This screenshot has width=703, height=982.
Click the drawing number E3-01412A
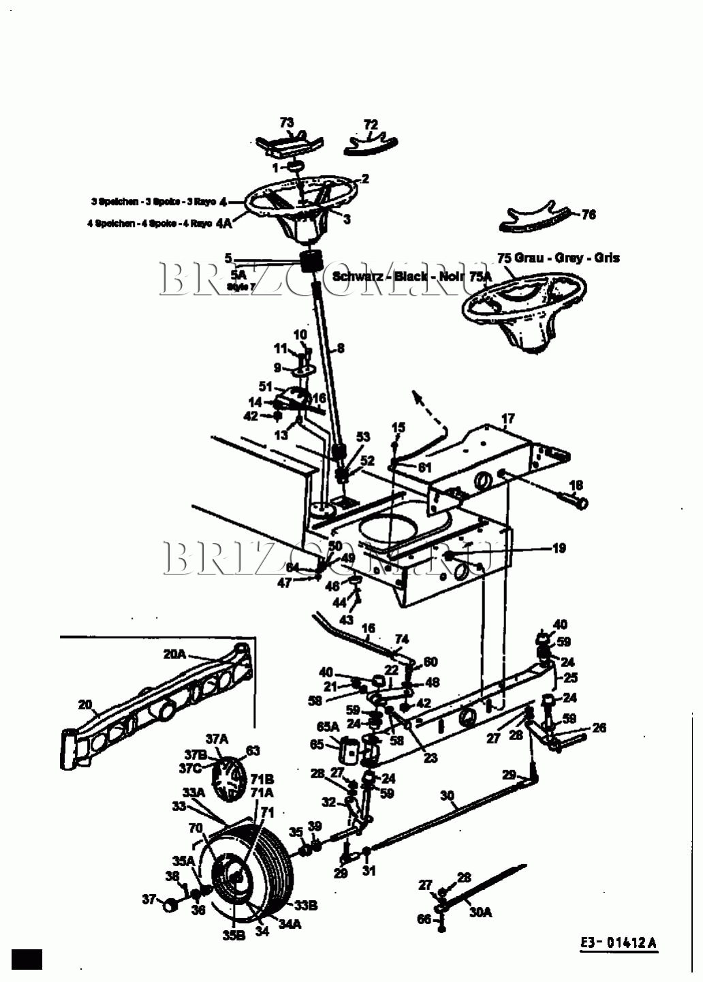coord(619,943)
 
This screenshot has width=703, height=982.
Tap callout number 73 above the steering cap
coord(287,123)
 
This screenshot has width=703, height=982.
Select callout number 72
coord(371,125)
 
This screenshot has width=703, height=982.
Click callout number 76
coord(589,215)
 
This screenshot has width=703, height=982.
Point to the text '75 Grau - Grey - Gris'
coord(558,258)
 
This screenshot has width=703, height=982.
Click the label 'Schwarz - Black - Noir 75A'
coord(411,277)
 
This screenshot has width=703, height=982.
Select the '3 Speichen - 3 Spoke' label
coord(153,202)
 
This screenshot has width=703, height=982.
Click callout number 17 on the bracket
coord(508,418)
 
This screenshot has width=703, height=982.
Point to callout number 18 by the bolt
coord(576,486)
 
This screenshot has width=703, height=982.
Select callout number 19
coord(559,548)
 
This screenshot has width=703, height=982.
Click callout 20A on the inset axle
coord(174,654)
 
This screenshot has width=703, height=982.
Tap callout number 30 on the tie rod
coord(447,795)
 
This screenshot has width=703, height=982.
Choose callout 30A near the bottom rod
coord(480,912)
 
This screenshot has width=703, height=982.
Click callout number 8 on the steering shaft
coord(341,348)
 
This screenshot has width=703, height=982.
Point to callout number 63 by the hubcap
coord(253,751)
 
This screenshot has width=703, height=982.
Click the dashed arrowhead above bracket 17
coord(418,397)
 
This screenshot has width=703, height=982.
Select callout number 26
coord(599,728)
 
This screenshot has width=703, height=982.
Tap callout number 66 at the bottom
coord(424,919)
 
